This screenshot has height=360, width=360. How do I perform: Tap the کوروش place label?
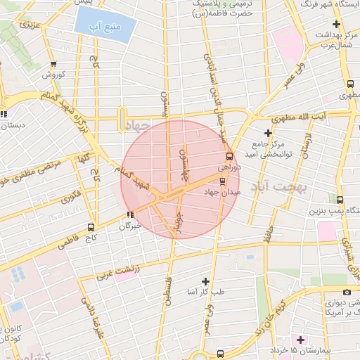53,75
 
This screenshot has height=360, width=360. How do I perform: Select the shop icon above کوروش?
53,64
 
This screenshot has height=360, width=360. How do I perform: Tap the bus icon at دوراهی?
229,157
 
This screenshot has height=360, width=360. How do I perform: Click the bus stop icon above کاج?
91,227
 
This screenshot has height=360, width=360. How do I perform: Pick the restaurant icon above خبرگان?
129,214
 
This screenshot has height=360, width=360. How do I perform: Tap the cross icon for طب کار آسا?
205,281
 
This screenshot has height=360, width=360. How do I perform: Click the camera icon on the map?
346,292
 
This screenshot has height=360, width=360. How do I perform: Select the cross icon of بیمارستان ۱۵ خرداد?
300,340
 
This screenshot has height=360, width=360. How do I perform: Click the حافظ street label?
266,233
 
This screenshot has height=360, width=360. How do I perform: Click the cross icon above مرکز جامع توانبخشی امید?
267,133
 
